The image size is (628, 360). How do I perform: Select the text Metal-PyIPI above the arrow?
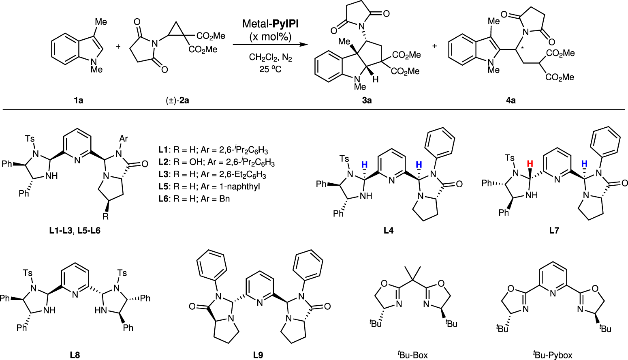point(270,24)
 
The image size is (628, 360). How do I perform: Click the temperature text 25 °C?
point(270,69)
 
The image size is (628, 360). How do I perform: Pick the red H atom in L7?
point(530,164)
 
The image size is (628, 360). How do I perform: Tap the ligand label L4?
point(389,231)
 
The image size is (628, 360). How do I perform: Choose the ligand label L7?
point(554,231)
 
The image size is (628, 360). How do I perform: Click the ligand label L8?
point(75,355)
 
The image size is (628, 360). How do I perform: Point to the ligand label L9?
point(258,355)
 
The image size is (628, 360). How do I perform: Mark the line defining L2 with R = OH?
point(216,163)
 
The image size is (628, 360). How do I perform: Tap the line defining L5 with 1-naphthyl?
point(209,186)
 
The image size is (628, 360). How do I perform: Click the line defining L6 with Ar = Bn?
point(194,199)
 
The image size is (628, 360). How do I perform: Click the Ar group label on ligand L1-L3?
point(124,139)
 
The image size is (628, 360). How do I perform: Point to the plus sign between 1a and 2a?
point(118,47)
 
